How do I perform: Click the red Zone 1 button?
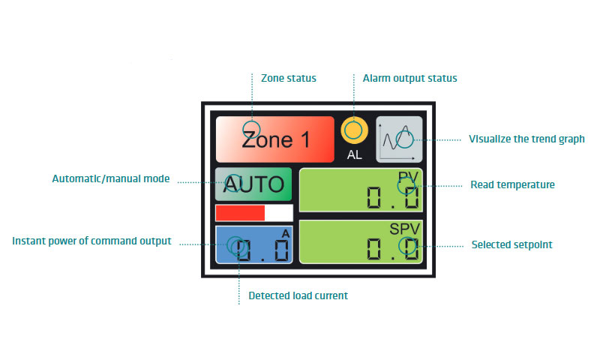tap(274, 139)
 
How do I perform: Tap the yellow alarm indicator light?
tap(353, 130)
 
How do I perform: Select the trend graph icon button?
tap(399, 139)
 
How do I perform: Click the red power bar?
tap(241, 213)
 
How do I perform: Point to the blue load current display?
tap(253, 245)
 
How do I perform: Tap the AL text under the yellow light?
tap(354, 156)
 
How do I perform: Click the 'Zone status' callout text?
tap(288, 78)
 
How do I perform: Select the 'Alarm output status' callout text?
tap(409, 78)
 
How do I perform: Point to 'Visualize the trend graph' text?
tap(526, 139)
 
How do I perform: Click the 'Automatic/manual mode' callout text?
tap(110, 179)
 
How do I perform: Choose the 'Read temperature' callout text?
tap(512, 184)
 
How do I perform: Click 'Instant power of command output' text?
tap(92, 241)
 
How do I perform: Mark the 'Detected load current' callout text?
tap(298, 295)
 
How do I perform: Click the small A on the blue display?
tap(285, 234)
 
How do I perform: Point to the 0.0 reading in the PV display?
tap(392, 198)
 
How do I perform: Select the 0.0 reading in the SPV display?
tap(392, 249)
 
